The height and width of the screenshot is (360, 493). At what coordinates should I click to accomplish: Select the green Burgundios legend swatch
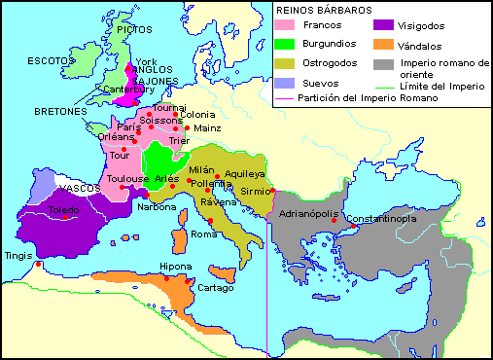[287, 45]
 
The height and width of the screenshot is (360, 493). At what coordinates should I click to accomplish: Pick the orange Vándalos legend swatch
[381, 45]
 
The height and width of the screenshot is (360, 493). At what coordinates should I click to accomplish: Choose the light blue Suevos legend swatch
[287, 82]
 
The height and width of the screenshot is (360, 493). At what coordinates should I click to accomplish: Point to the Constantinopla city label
[385, 219]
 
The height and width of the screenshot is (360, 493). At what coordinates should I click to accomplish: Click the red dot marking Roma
[209, 223]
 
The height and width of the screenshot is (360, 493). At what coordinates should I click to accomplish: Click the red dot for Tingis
[38, 264]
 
